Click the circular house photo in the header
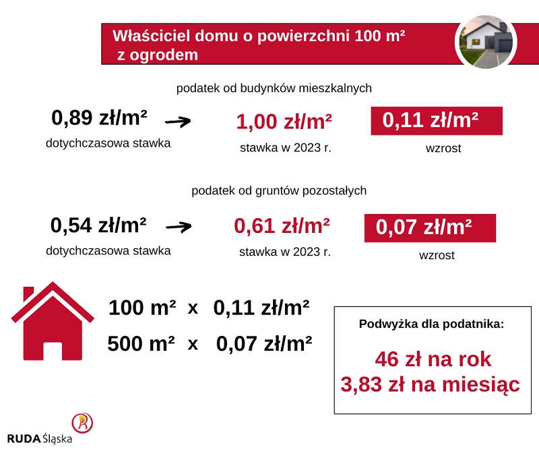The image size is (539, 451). point(486,42)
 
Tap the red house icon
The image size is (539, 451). point(53,321)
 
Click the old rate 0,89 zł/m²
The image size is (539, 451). point(99,118)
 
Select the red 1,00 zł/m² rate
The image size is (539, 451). point(284,122)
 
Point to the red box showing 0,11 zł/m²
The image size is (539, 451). point(437,121)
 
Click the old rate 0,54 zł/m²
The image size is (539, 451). point(98,225)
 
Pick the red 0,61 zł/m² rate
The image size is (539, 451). point(282,226)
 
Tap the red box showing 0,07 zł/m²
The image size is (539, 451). point(430,228)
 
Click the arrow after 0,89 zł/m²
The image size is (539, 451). point(178,121)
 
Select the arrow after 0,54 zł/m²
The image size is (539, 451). point(179,227)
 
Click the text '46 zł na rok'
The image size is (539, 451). point(433,359)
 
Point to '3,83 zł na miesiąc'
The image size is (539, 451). point(430,384)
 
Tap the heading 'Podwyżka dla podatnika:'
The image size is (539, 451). point(431,324)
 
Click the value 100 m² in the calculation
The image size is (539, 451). point(142,308)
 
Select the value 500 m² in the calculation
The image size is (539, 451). point(141,343)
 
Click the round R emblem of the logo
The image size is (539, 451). point(82,423)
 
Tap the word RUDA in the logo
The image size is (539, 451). point(24,439)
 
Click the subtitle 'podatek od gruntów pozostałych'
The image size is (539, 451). point(279,190)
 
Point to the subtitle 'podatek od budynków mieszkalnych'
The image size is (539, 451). point(274,88)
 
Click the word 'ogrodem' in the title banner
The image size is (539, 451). point(164,55)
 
